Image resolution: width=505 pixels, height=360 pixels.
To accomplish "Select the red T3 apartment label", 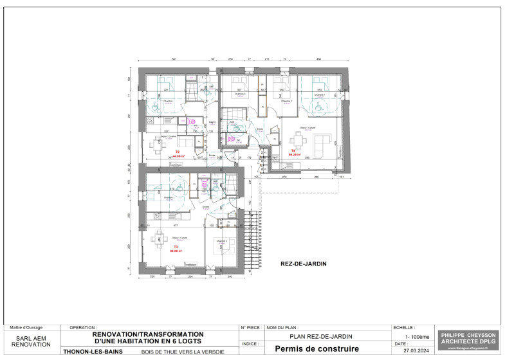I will (175, 248).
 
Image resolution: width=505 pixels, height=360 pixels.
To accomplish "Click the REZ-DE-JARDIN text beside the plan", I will (304, 264).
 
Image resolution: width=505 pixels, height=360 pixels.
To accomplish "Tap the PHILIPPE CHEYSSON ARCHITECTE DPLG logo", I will (467, 340).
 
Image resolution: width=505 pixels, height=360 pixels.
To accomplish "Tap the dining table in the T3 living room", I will (155, 240).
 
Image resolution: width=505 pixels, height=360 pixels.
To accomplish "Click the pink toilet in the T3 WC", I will (204, 183).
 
